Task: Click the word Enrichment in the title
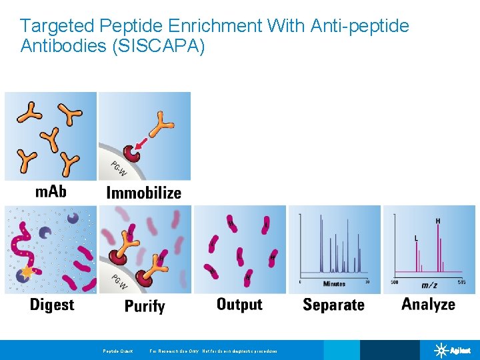click(207, 26)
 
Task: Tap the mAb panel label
click(51, 192)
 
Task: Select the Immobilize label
click(144, 193)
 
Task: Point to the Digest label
click(52, 305)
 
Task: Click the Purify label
click(145, 306)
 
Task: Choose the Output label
click(239, 305)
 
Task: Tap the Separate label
click(333, 305)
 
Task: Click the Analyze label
click(428, 305)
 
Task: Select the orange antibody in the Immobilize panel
click(161, 123)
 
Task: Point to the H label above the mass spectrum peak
click(437, 221)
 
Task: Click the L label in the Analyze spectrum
click(417, 238)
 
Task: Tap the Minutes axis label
click(334, 284)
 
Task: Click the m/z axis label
click(429, 285)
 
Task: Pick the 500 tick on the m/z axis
click(395, 282)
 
